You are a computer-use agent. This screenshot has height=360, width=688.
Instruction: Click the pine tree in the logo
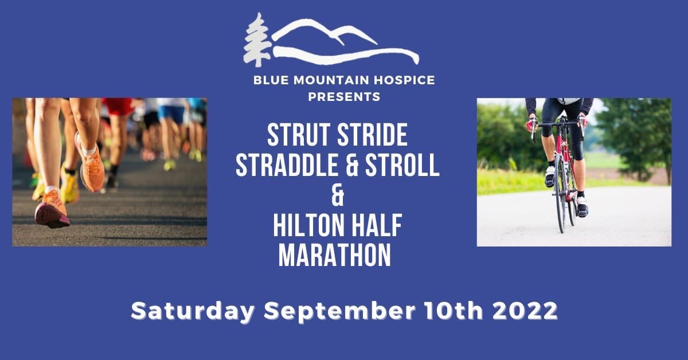[x=257, y=40]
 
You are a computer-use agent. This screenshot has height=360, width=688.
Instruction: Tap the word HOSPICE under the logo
[x=404, y=80]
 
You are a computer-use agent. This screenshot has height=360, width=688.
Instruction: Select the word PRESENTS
[x=345, y=97]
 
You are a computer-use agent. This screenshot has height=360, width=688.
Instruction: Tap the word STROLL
[x=402, y=165]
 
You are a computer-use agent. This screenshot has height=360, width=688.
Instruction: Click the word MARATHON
[x=334, y=255]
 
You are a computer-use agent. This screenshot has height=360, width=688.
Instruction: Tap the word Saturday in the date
[x=193, y=311]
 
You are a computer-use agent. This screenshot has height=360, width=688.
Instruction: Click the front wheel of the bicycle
[x=561, y=193]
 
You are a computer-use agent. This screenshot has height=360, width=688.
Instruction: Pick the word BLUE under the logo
[x=271, y=80]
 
